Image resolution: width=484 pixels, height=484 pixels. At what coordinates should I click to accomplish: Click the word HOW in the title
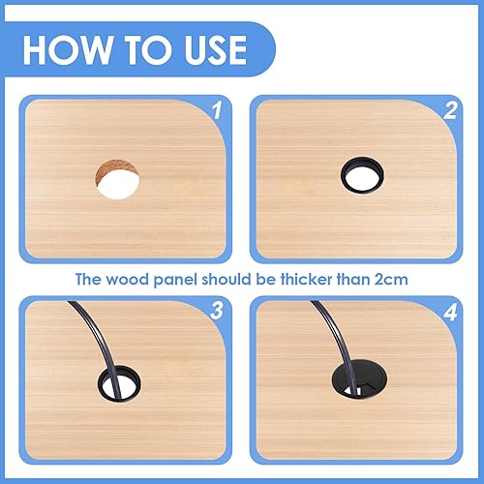coord(67,49)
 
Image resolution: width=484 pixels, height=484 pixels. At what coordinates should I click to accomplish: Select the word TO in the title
coord(148,49)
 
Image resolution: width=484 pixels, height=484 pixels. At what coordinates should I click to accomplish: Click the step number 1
coord(218,110)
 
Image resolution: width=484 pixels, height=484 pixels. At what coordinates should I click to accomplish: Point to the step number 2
coord(450,110)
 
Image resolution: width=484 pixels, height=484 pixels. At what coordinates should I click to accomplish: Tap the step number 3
coord(217,311)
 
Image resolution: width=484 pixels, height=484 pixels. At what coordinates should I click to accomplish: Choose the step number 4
coord(450,312)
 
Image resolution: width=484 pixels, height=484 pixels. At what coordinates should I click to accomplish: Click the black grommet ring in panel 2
coord(362,161)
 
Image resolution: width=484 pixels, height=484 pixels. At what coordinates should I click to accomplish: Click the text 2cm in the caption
coord(391,280)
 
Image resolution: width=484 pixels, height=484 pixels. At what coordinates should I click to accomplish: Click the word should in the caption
coord(227,279)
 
